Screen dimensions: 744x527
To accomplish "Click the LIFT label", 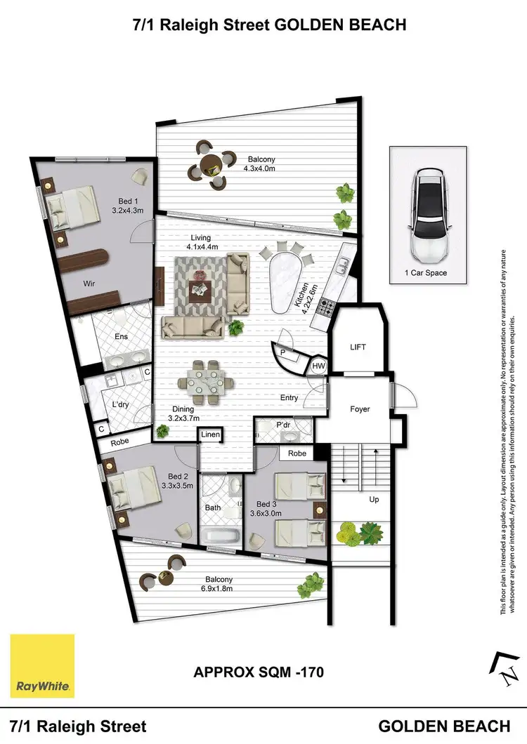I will coord(358,347).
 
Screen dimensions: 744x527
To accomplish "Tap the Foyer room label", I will coord(359,409).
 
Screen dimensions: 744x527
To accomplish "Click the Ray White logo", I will coord(42,666).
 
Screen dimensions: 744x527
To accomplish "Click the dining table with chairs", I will coord(207,382).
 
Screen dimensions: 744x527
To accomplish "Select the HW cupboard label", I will coord(318,366).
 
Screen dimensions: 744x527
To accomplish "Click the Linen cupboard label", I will coord(211,436).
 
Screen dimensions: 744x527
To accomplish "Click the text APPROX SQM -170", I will coord(259,672).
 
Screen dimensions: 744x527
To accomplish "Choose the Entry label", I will coord(289,398).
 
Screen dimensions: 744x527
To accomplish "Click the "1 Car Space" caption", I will coord(426,273).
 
